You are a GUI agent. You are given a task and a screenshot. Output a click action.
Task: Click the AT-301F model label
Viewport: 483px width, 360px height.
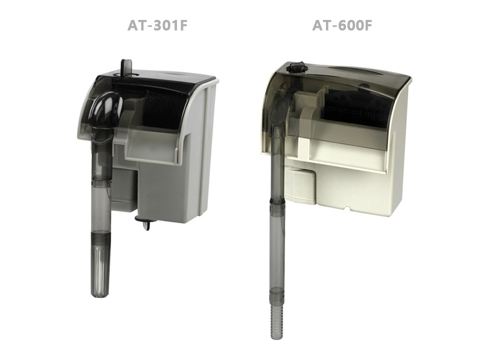[158, 25]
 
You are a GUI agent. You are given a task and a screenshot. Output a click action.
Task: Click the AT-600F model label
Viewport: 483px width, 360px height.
[342, 25]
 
